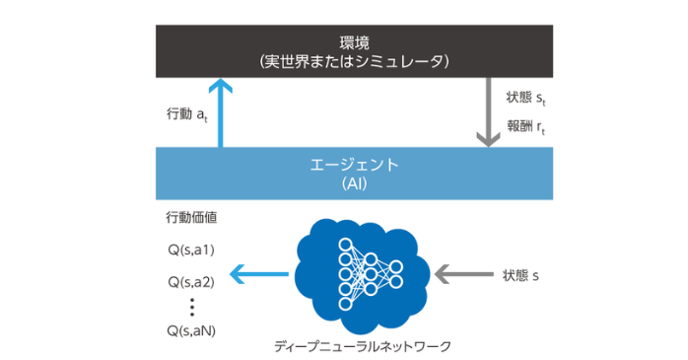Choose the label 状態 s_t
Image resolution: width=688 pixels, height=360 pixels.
pyautogui.click(x=525, y=100)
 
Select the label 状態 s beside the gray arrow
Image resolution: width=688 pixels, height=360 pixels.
pyautogui.click(x=520, y=275)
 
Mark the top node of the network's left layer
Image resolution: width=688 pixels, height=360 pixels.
pyautogui.click(x=345, y=244)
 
